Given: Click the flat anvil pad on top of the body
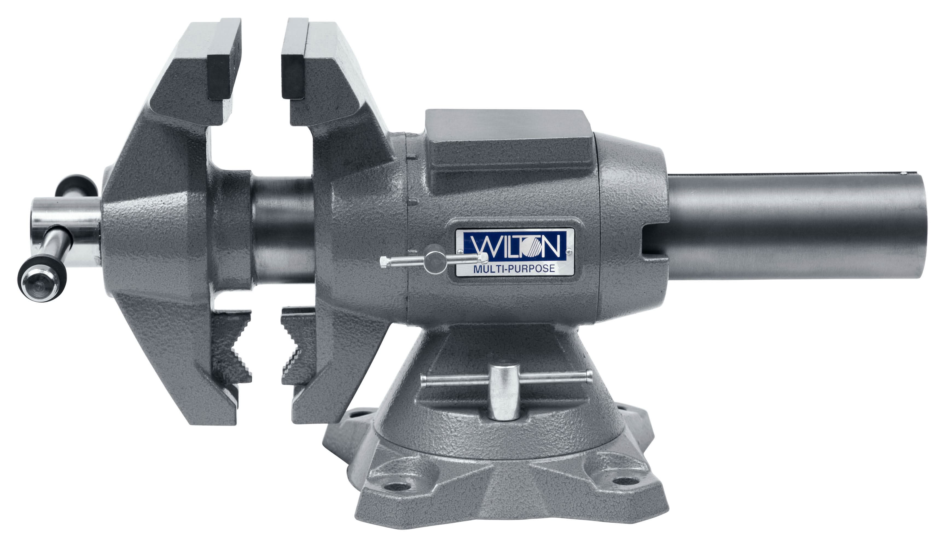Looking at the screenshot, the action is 508,144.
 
